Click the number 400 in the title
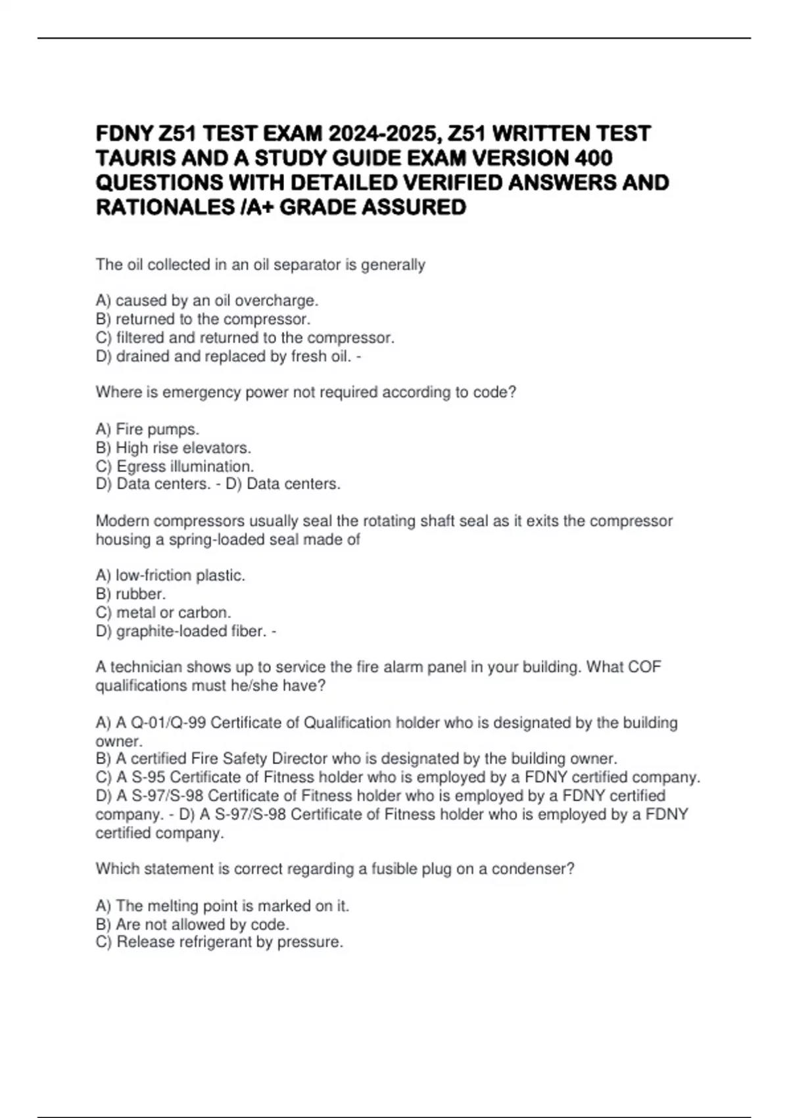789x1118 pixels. [x=593, y=158]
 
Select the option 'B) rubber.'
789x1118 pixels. [x=131, y=594]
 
